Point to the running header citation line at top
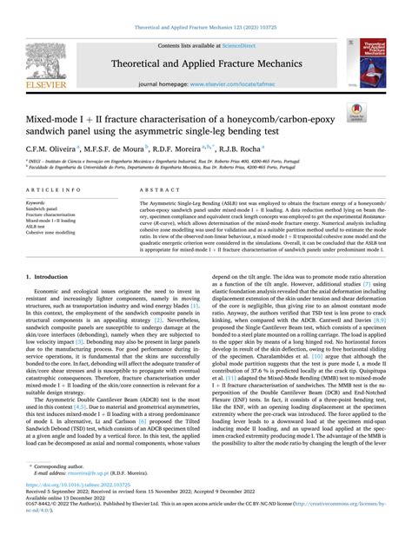tap(205, 6)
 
